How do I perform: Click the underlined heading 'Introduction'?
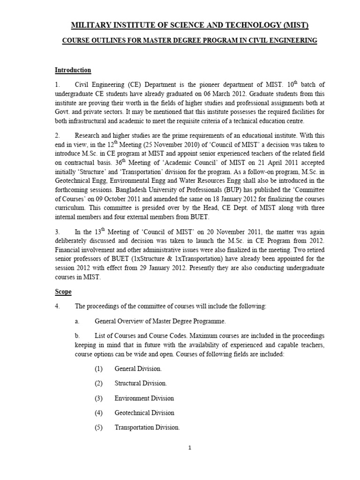point(73,70)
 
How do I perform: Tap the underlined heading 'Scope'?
point(63,292)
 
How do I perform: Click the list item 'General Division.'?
point(138,369)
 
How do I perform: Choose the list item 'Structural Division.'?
point(140,383)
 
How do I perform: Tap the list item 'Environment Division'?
point(144,398)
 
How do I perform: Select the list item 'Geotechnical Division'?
point(144,413)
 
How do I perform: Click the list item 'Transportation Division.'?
point(147,427)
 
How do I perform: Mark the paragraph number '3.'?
point(58,232)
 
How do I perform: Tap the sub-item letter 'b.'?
point(77,336)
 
